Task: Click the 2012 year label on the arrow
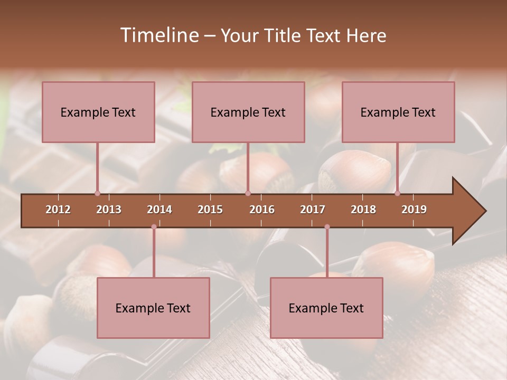point(58,210)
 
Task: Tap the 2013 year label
point(109,210)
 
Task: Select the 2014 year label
point(159,210)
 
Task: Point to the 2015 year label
point(210,210)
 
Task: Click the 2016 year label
point(262,210)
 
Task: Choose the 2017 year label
point(313,210)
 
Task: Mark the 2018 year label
point(363,210)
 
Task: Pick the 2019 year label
point(414,210)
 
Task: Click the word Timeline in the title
point(158,35)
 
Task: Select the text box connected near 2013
point(98,112)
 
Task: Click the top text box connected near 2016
point(248,112)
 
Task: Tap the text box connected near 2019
point(398,112)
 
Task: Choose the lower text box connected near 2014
point(153,308)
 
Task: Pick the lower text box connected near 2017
point(326,308)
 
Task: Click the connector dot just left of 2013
point(97,193)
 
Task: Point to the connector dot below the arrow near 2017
point(327,227)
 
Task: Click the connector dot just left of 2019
point(398,193)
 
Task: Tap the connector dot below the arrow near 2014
point(154,227)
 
